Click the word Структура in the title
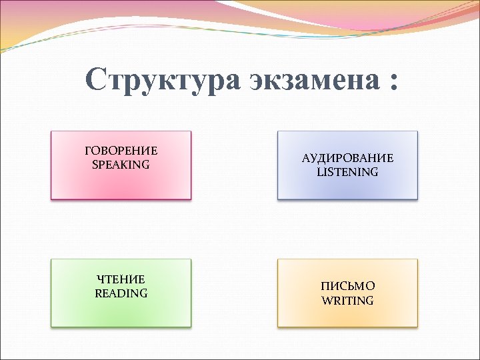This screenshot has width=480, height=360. pos(161,81)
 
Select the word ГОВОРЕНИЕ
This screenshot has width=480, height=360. pos(121,151)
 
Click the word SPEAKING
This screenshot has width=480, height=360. pos(121,165)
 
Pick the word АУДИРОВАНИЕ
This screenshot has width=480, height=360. pos(347,158)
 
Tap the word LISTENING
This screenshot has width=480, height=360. pos(347,172)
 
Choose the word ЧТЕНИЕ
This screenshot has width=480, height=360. pos(121,279)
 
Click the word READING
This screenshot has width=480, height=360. pos(121,293)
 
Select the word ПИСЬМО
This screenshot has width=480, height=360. pos(347,286)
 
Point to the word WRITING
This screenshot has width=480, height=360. pos(347,301)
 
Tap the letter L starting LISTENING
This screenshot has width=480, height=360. pos(319,172)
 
